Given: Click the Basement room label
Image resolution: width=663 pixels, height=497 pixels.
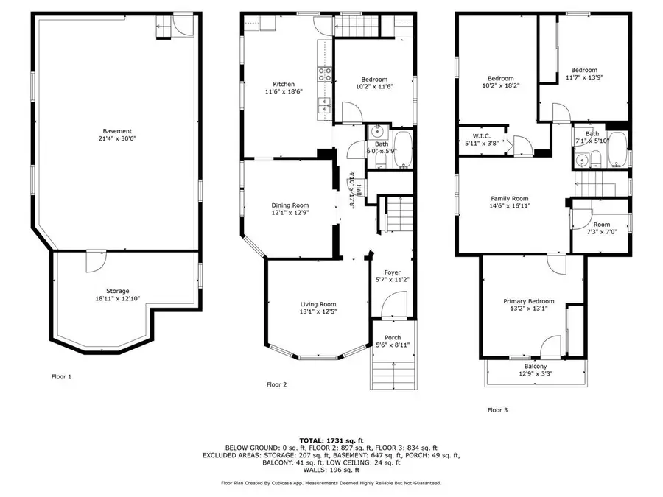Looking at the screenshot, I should pos(118,131).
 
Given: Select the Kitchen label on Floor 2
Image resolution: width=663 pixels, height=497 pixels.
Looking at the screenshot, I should pos(284,84).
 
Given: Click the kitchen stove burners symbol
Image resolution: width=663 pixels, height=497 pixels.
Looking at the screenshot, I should pos(323,72).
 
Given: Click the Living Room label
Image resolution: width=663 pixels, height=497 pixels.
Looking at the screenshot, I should pos(318,304).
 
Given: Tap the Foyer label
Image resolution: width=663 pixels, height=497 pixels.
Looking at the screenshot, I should pos(393,272).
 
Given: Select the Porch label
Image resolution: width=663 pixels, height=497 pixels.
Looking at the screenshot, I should pos(393,337).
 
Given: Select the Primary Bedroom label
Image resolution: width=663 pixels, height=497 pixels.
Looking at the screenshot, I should pos(529,301).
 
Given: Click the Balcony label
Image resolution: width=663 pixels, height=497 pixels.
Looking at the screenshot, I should pos(536,366).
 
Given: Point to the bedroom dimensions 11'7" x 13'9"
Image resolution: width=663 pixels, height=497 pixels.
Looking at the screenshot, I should pos(586,77).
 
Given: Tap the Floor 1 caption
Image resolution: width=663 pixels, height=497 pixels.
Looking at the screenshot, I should pos(61,376).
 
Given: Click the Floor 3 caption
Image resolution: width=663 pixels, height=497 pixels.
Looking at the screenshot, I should pos(498,410).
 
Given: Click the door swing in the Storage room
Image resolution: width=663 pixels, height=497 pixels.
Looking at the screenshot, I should pos(95,261).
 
